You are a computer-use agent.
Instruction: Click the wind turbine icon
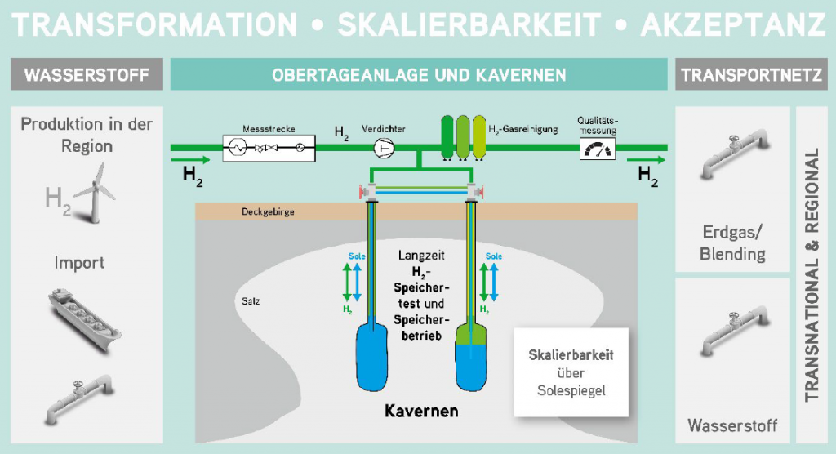(x=95, y=192)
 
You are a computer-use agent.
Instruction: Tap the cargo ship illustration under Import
(x=85, y=319)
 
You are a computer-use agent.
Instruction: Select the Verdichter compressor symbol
(x=384, y=148)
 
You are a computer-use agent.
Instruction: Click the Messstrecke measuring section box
(x=269, y=148)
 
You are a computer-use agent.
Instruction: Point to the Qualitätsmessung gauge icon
(x=597, y=149)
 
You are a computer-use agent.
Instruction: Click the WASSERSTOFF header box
(x=87, y=74)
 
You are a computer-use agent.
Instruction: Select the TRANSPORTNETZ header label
(x=751, y=74)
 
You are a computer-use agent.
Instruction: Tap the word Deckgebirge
(x=268, y=211)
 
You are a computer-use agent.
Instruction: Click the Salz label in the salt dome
(x=251, y=301)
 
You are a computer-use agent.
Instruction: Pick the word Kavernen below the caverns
(x=421, y=411)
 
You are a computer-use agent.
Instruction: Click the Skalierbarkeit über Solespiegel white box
(x=571, y=372)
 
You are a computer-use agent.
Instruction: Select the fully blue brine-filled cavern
(x=371, y=355)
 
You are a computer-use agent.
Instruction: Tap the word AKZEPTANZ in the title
(x=734, y=24)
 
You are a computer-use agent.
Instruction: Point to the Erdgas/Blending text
(x=732, y=243)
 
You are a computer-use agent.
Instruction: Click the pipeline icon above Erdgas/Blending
(x=734, y=154)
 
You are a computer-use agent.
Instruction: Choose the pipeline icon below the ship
(x=79, y=399)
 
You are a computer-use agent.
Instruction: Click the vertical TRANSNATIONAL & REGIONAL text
(x=812, y=274)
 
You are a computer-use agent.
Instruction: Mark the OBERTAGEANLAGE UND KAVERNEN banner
(x=419, y=74)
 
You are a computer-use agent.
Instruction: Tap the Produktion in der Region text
(x=87, y=135)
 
